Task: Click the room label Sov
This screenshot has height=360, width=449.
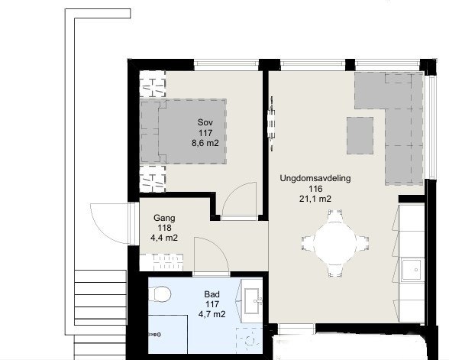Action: [x=205, y=122]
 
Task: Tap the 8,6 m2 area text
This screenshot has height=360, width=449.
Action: [x=205, y=142]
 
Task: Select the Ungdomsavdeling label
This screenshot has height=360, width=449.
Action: [x=315, y=178]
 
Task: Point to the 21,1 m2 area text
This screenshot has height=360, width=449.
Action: [x=315, y=199]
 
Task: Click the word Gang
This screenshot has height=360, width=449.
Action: [x=164, y=217]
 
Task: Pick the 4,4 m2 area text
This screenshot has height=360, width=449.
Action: [x=164, y=237]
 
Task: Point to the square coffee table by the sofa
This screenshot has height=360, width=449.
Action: [x=364, y=136]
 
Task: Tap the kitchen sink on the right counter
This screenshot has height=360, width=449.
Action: [x=412, y=268]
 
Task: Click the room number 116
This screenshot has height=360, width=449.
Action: [x=315, y=189]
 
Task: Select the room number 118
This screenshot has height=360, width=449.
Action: [x=164, y=227]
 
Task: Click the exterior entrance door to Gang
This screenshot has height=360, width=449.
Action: [x=107, y=222]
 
